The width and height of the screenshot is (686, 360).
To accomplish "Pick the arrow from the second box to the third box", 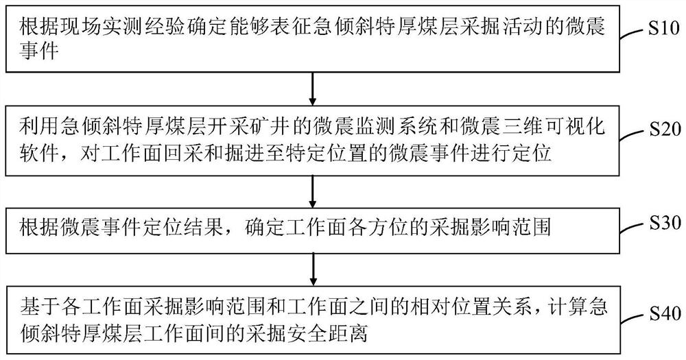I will pos(313,189).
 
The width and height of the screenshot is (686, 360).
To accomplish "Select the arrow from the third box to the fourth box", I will pos(313,268).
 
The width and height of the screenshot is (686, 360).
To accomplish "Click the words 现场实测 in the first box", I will pos(92,27).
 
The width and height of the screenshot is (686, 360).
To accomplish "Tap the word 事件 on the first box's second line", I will pos(33,51).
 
